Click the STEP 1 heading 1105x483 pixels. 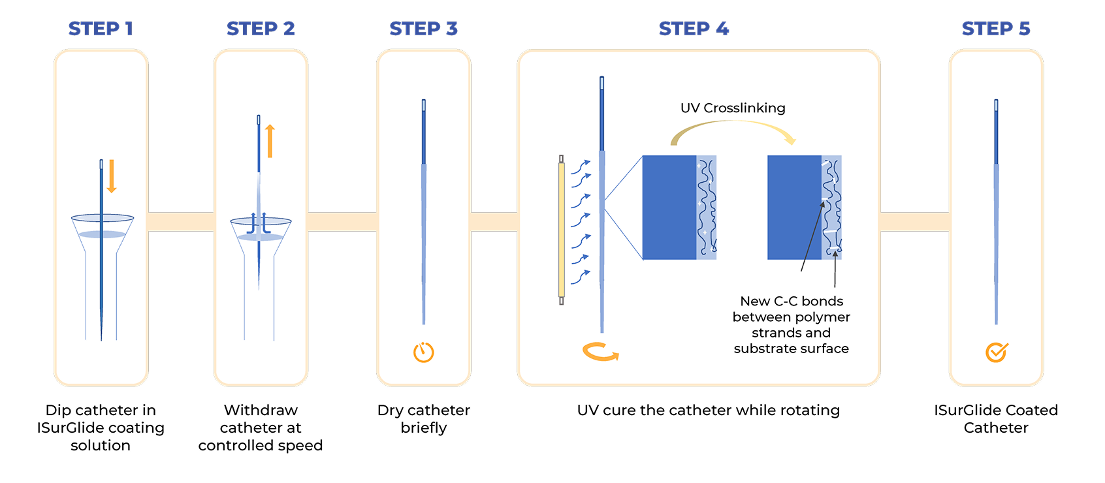pyautogui.click(x=101, y=29)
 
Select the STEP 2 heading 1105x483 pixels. pyautogui.click(x=261, y=29)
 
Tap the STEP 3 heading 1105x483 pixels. pyautogui.click(x=423, y=29)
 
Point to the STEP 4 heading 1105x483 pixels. pyautogui.click(x=694, y=29)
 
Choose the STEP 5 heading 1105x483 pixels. pyautogui.click(x=995, y=29)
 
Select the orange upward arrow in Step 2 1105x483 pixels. pyautogui.click(x=270, y=141)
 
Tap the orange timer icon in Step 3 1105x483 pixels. pyautogui.click(x=424, y=352)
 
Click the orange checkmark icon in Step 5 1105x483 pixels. pyautogui.click(x=996, y=352)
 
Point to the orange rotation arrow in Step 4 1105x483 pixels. pyautogui.click(x=600, y=352)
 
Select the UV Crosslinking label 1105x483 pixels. pyautogui.click(x=733, y=108)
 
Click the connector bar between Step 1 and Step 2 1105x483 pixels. pyautogui.click(x=181, y=222)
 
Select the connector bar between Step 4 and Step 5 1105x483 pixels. pyautogui.click(x=914, y=222)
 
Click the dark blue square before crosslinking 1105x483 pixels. pyautogui.click(x=669, y=208)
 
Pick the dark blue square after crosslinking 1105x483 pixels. pyautogui.click(x=794, y=208)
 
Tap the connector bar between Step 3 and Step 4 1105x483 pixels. pyautogui.click(x=494, y=222)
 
